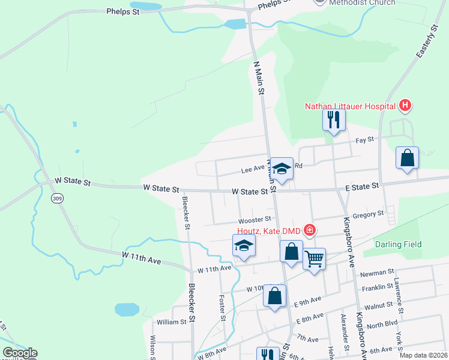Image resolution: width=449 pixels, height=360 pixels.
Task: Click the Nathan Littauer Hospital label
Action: [350, 107]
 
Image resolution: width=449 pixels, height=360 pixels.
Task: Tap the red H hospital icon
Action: [405, 107]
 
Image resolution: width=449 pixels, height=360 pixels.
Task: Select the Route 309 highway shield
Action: [57, 199]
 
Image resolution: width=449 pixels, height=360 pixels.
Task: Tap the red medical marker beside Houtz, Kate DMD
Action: [310, 229]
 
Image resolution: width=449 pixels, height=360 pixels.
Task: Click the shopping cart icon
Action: [314, 259]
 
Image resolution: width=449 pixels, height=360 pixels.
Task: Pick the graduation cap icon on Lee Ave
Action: [281, 169]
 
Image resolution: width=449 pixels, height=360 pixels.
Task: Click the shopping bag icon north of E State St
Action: [407, 158]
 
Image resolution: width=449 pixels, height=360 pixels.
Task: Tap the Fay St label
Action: [364, 139]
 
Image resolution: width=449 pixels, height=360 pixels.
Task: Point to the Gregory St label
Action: [369, 214]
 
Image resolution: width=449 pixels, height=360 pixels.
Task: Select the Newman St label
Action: [378, 273]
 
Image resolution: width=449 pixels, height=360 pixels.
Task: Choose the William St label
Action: [172, 322]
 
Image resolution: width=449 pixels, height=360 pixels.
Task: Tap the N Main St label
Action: [259, 78]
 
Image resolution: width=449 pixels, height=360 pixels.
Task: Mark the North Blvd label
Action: [382, 325]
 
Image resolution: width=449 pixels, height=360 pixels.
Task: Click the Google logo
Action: [20, 353]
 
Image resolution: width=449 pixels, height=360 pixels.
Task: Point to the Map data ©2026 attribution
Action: [423, 355]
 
